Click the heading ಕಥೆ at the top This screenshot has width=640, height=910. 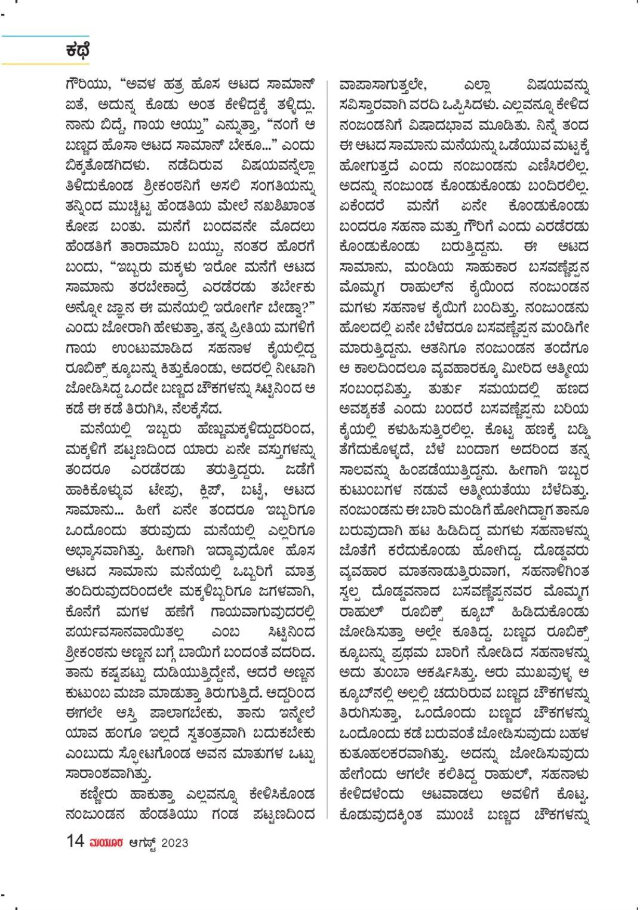click(x=78, y=51)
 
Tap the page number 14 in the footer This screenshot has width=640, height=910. click(x=75, y=841)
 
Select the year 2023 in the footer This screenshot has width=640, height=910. click(x=174, y=843)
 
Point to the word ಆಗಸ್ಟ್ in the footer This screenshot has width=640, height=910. click(x=142, y=843)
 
